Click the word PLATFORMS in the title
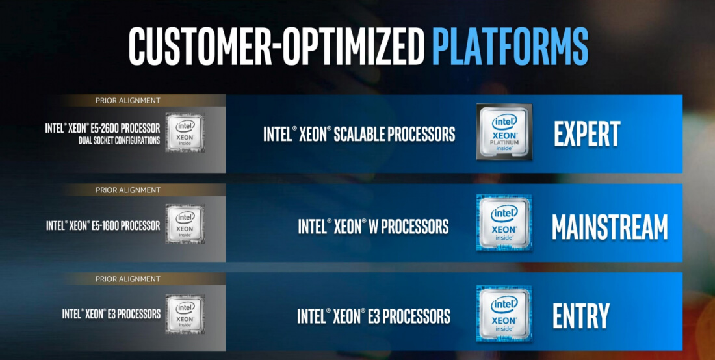click(510, 45)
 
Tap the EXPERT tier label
click(587, 133)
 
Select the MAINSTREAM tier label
click(610, 226)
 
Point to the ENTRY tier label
click(580, 316)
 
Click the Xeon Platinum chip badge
click(504, 132)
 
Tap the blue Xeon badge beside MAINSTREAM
click(504, 223)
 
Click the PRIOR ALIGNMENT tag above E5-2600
click(127, 101)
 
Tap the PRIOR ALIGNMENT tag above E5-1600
click(127, 190)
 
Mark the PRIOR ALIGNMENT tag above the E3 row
click(127, 279)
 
